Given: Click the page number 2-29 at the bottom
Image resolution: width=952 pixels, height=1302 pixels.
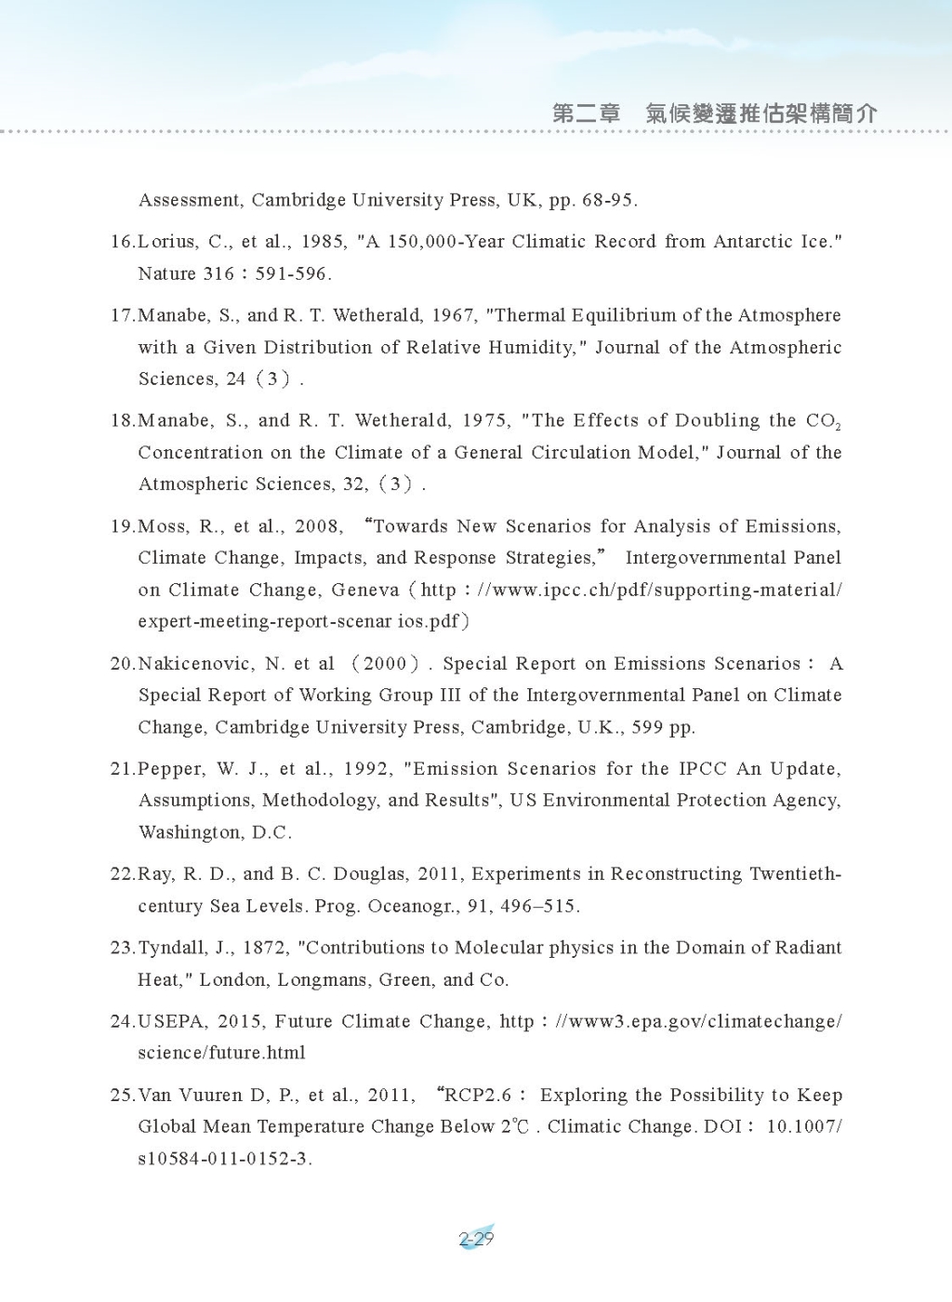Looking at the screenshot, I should [476, 1239].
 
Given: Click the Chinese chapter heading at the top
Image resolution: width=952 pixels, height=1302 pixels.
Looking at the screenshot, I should [714, 113].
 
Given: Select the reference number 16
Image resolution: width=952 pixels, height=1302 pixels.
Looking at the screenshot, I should [123, 242].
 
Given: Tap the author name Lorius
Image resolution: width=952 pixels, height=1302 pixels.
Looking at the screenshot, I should [167, 242].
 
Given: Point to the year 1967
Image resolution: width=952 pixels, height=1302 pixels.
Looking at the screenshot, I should [453, 315].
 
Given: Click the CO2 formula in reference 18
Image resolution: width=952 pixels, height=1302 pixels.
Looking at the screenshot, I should [824, 421].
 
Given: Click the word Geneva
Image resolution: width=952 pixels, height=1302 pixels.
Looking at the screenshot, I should [365, 591].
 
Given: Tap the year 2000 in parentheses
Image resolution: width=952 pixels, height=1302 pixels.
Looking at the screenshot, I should [385, 664].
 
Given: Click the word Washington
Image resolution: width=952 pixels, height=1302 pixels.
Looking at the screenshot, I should [190, 832].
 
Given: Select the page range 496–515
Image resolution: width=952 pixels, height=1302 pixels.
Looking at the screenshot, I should [538, 906].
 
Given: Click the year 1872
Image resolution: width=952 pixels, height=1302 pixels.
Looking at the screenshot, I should [265, 948].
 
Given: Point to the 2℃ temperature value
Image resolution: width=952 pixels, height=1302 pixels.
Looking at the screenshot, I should [515, 1127].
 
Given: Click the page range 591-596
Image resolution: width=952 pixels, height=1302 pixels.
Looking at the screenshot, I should [293, 274].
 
